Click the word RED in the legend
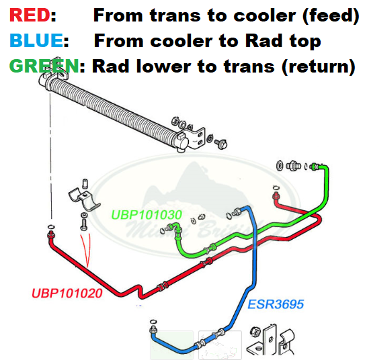point(30,15)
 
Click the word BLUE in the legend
point(36,40)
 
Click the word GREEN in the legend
point(44,66)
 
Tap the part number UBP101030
point(147,215)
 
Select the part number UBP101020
point(67,293)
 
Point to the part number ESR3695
point(276,304)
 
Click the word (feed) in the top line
point(331,15)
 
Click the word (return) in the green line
point(318,66)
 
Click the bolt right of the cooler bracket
point(221,143)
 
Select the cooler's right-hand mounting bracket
point(198,138)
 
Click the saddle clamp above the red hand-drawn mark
point(84,199)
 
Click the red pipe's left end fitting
point(51,234)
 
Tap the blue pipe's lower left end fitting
point(153,329)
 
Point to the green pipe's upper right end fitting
point(315,167)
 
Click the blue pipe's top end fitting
point(237,211)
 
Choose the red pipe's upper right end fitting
point(276,195)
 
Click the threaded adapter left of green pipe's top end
point(293,166)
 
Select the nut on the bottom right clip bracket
point(255,331)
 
